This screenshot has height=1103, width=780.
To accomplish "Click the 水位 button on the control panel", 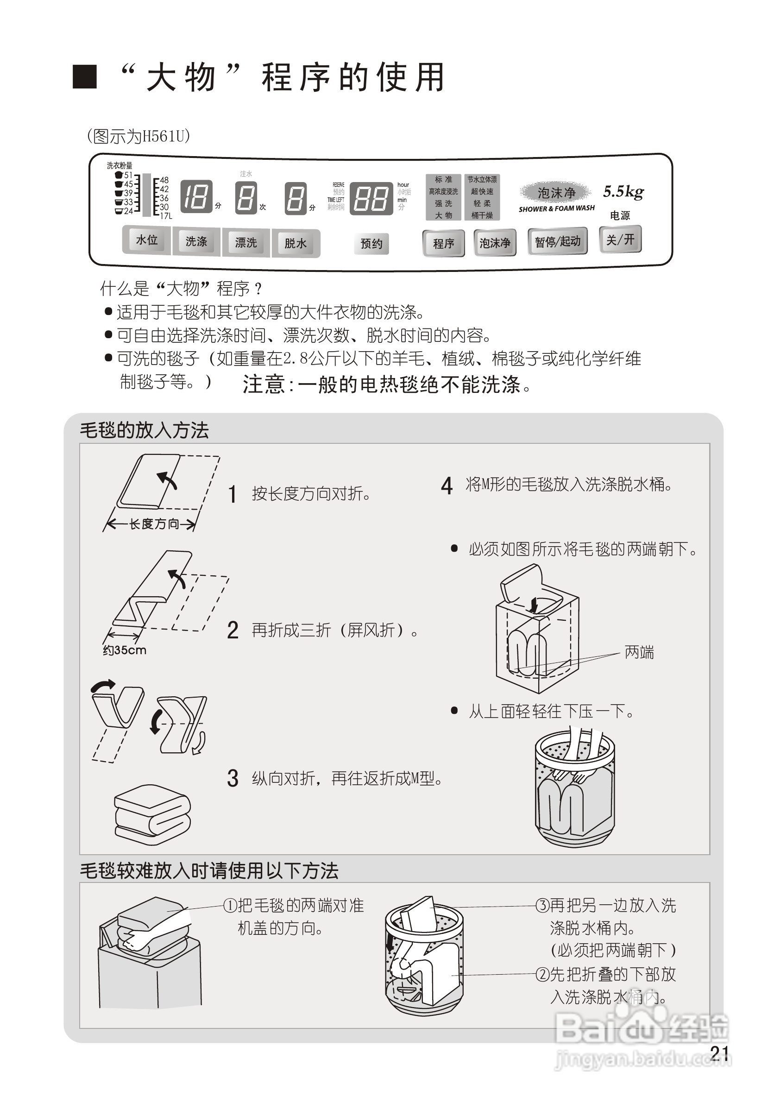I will (146, 240).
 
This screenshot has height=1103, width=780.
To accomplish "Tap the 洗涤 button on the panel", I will (196, 242).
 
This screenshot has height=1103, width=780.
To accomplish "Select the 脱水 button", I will (296, 244).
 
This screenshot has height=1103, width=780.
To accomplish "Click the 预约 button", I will (371, 244).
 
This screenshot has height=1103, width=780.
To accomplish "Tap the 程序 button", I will (443, 244).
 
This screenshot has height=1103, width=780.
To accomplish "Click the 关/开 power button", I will (620, 239).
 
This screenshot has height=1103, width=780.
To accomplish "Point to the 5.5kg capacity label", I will (623, 192).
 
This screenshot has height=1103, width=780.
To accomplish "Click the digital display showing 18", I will (196, 197).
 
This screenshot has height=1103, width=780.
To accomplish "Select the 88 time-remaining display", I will (371, 198).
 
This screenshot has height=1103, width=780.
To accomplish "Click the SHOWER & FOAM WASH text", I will (556, 208).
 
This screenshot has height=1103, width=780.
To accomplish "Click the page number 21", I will (719, 1053).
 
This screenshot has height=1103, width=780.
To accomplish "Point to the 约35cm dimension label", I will (125, 650).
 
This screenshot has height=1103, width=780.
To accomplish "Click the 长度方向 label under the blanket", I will (154, 523).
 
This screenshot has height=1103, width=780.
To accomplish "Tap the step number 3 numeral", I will (233, 778).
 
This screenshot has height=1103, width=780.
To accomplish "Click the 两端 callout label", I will (639, 652).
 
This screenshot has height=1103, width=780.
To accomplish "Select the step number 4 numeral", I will (446, 485).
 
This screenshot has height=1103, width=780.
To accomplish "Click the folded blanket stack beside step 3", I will (152, 815).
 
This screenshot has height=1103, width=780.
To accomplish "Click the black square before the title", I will (85, 77).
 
